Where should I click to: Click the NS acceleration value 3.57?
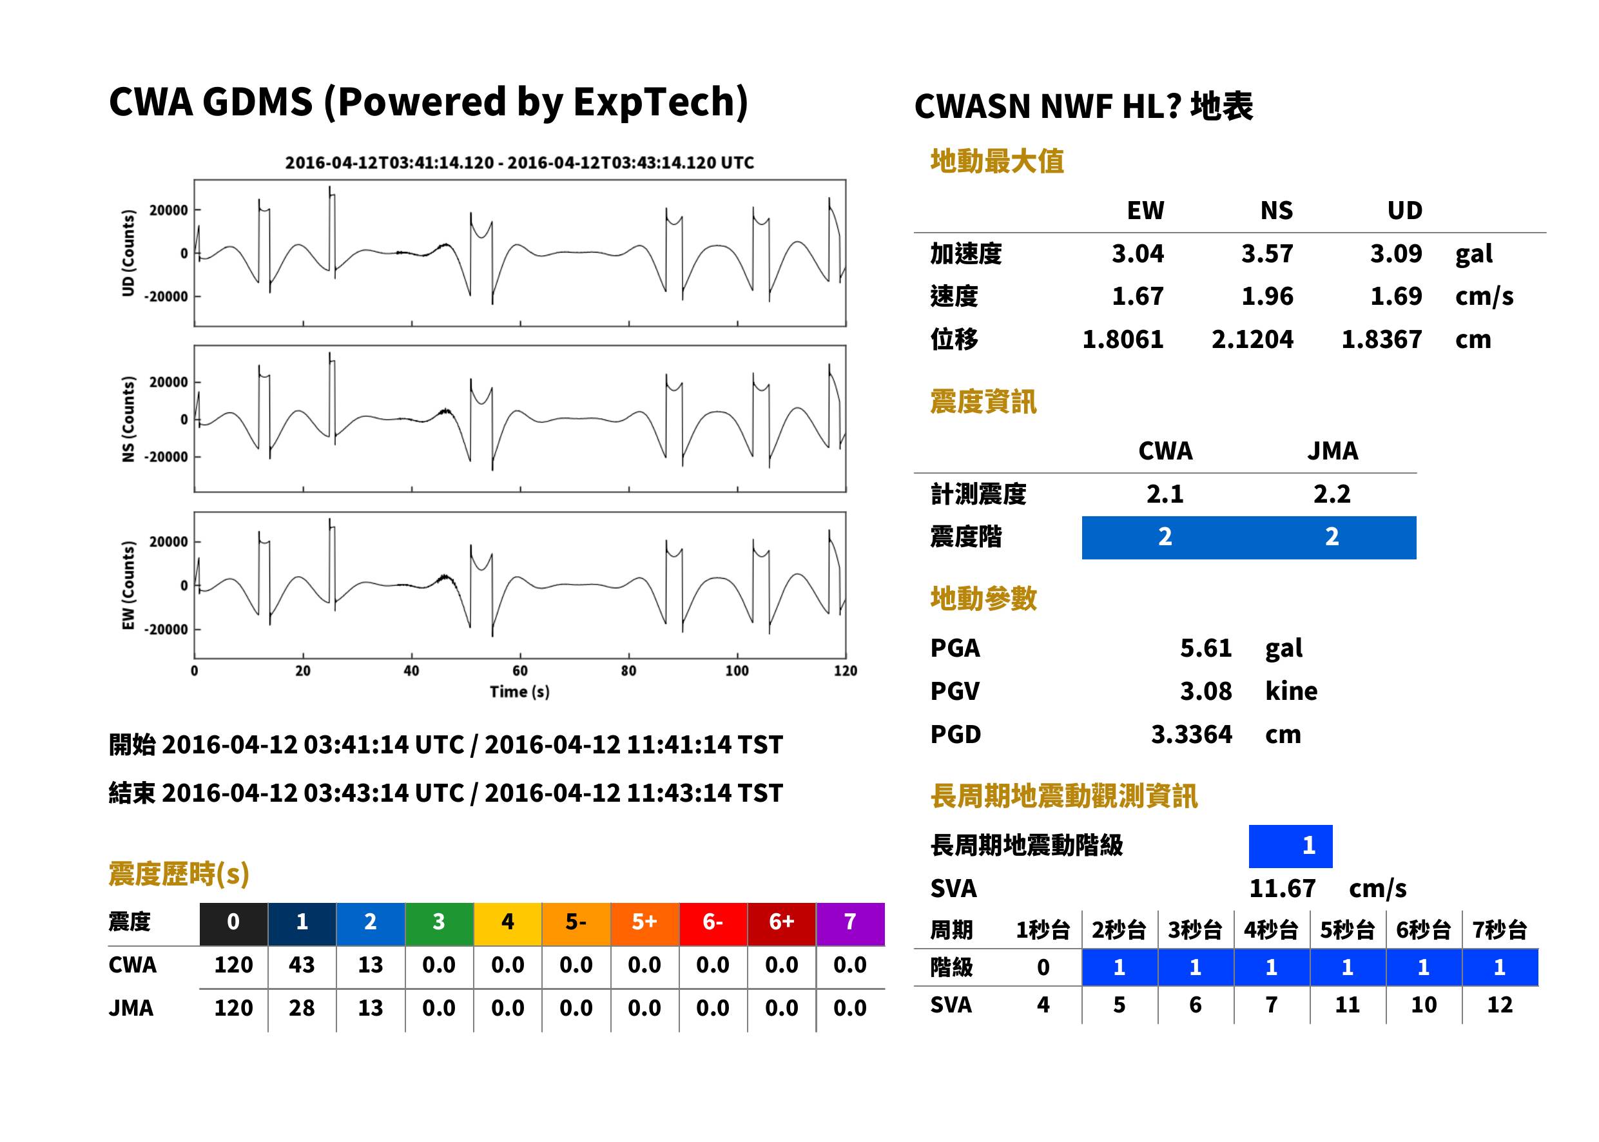pyautogui.click(x=1266, y=254)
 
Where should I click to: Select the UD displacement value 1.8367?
pyautogui.click(x=1381, y=340)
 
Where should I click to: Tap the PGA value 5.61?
pyautogui.click(x=1205, y=648)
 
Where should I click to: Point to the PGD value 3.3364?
pyautogui.click(x=1191, y=735)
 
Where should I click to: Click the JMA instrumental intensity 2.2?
pyautogui.click(x=1332, y=494)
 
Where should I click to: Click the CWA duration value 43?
pyautogui.click(x=302, y=965)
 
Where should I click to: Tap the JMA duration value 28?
pyautogui.click(x=302, y=1009)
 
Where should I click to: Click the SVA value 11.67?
pyautogui.click(x=1282, y=889)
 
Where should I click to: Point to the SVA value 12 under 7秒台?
pyautogui.click(x=1499, y=1005)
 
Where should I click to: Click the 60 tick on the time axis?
pyautogui.click(x=519, y=671)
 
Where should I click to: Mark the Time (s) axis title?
pyautogui.click(x=519, y=692)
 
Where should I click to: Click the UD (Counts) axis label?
pyautogui.click(x=128, y=253)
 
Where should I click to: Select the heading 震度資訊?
pyautogui.click(x=983, y=402)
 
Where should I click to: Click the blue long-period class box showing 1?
pyautogui.click(x=1290, y=846)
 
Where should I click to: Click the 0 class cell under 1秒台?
pyautogui.click(x=1043, y=967)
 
